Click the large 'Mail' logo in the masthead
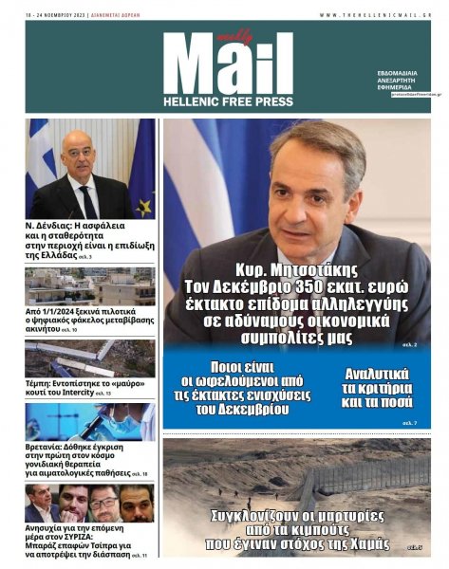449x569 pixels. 228,66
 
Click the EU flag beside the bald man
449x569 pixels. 142,171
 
